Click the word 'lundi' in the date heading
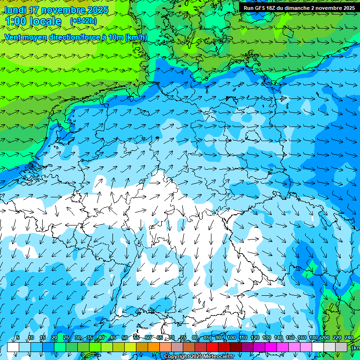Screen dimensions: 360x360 click(x=15, y=10)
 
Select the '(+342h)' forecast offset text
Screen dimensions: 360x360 click(x=83, y=21)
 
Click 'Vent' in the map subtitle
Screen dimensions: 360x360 click(x=14, y=37)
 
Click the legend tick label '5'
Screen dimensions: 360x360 click(x=18, y=337)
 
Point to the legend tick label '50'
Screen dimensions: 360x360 click(x=124, y=337)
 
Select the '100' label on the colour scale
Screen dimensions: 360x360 click(x=231, y=337)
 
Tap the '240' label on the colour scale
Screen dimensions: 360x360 click(x=349, y=337)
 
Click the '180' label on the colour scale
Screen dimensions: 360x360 click(x=314, y=337)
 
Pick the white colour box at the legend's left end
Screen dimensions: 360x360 click(x=13, y=347)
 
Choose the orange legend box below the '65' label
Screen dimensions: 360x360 click(x=154, y=347)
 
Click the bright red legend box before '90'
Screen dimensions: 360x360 click(x=212, y=347)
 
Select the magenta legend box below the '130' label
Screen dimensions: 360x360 click(x=271, y=347)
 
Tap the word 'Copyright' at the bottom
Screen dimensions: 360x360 click(x=177, y=357)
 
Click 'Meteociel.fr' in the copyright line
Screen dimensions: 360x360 click(x=218, y=357)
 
